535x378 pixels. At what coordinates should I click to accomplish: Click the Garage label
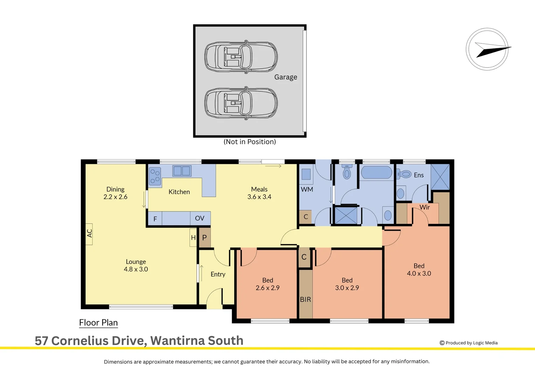(x=286, y=77)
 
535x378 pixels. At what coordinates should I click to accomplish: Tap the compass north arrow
(x=493, y=50)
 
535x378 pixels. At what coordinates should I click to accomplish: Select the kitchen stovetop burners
(x=155, y=176)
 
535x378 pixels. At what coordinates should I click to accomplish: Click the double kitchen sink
(x=182, y=171)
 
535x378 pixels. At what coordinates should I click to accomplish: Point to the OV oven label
(x=200, y=218)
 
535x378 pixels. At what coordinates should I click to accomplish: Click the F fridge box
(x=155, y=218)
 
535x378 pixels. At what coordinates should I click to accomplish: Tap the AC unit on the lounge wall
(x=89, y=234)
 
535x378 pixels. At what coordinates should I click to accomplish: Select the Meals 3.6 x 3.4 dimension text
(x=259, y=197)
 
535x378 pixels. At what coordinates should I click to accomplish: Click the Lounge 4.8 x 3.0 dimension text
(x=136, y=269)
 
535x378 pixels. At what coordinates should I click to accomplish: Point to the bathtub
(x=376, y=172)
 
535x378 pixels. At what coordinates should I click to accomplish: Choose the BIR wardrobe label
(x=305, y=300)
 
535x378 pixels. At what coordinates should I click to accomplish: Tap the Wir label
(x=425, y=207)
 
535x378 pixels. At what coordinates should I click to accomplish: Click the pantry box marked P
(x=205, y=238)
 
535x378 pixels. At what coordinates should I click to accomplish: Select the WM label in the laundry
(x=307, y=189)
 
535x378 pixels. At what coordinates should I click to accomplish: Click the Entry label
(x=218, y=274)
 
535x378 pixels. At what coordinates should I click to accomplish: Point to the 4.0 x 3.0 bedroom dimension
(x=419, y=273)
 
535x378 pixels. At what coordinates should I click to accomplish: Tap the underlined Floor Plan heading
(x=98, y=323)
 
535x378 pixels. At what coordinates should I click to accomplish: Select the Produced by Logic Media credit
(x=468, y=343)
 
